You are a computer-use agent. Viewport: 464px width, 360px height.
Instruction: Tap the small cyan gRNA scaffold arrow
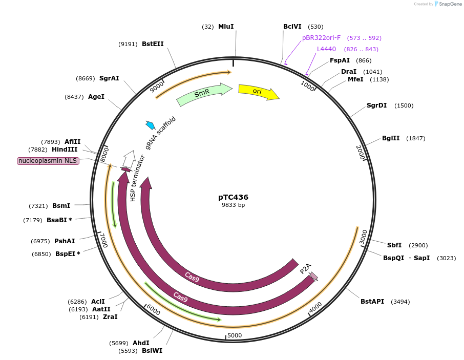click(151, 125)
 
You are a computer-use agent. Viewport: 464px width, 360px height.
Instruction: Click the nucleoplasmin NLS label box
click(48, 161)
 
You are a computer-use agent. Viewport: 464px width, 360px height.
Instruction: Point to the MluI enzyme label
click(226, 27)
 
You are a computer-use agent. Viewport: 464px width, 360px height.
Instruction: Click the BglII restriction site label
click(391, 138)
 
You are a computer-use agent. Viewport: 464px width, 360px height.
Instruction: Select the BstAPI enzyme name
click(372, 302)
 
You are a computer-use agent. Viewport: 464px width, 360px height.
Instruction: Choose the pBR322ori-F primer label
click(321, 38)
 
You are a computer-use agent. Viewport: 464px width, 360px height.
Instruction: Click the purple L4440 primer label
click(326, 49)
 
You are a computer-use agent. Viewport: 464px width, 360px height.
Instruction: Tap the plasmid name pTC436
click(233, 197)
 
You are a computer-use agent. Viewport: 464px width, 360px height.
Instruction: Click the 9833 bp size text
click(233, 205)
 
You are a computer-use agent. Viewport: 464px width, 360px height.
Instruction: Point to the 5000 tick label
click(235, 335)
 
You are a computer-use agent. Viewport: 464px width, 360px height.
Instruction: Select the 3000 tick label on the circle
click(363, 237)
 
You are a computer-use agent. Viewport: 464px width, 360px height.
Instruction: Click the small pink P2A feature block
click(314, 276)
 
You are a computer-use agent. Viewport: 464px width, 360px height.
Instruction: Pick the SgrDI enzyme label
click(376, 105)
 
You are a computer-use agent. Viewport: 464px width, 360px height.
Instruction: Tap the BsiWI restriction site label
click(152, 351)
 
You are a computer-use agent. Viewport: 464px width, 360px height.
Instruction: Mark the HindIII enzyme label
click(65, 150)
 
